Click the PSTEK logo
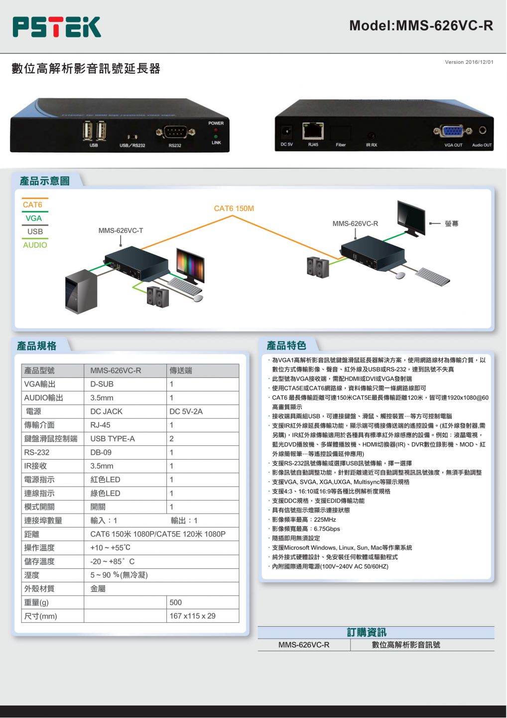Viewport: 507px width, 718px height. (57, 27)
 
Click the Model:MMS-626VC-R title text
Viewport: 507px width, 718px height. (421, 25)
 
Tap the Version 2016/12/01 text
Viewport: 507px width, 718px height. (469, 62)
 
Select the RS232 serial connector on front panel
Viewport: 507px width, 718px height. (175, 132)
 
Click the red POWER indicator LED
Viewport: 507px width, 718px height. (216, 130)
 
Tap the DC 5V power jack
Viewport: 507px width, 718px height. (286, 132)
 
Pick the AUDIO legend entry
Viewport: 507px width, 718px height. (35, 245)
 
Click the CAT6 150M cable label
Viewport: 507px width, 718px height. (234, 208)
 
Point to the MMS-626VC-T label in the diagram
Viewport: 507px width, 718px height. (121, 230)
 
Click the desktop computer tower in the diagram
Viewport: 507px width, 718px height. (81, 292)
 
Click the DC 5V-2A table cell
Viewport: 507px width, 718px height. (186, 411)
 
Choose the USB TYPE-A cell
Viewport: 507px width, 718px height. (113, 438)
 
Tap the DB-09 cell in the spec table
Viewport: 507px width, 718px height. (101, 452)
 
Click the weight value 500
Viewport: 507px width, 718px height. (175, 602)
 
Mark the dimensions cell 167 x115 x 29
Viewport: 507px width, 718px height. (192, 616)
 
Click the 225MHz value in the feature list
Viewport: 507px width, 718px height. (325, 519)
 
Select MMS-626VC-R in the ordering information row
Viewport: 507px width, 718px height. (304, 645)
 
